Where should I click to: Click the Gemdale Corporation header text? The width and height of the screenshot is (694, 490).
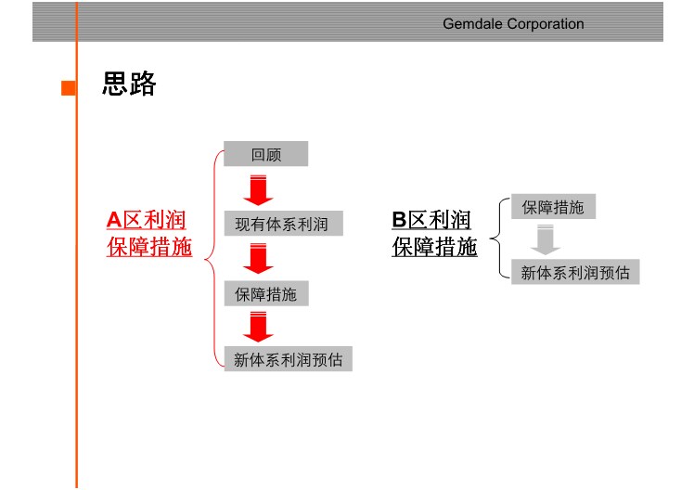click(x=513, y=24)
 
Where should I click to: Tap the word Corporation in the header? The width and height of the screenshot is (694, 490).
click(x=546, y=24)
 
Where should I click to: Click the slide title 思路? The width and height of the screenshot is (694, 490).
click(x=129, y=84)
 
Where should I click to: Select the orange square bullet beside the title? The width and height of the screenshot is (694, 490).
click(x=68, y=87)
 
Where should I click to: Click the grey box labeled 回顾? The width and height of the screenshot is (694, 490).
click(x=265, y=154)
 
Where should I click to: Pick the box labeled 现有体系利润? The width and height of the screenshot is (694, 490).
click(x=283, y=223)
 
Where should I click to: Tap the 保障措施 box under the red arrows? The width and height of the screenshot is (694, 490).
click(x=266, y=293)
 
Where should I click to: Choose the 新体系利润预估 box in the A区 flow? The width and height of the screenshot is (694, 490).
click(x=289, y=358)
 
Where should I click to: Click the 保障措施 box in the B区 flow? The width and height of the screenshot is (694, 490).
click(x=553, y=206)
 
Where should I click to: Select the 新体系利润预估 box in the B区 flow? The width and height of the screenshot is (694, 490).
click(x=575, y=271)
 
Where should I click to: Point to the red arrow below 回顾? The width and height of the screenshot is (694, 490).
click(x=258, y=190)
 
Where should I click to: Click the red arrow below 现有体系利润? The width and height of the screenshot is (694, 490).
click(x=258, y=259)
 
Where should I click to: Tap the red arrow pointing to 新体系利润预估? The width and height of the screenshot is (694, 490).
click(x=258, y=327)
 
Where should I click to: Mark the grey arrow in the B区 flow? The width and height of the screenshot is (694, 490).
click(x=546, y=240)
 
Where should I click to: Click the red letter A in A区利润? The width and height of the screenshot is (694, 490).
click(x=114, y=220)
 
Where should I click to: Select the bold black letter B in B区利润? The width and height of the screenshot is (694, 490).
click(x=399, y=220)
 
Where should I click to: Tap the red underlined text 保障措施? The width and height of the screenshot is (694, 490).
click(x=149, y=247)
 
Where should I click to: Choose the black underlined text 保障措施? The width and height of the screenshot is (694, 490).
click(x=434, y=247)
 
